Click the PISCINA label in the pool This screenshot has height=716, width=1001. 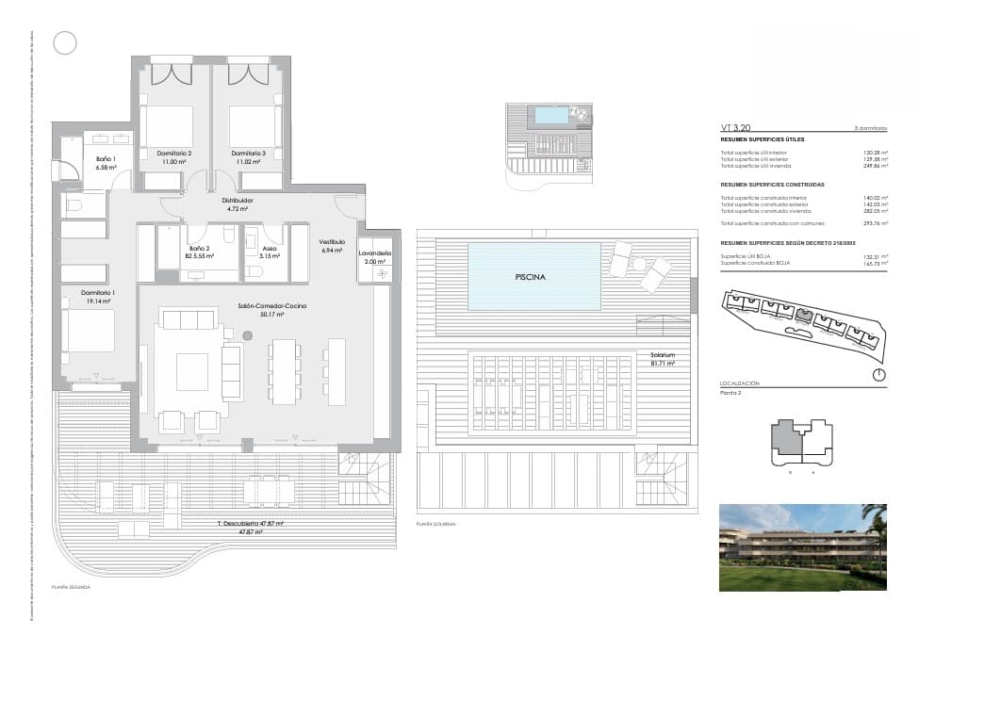[x=532, y=278]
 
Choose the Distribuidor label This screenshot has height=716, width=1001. [x=237, y=201]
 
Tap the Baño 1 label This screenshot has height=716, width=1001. [x=106, y=159]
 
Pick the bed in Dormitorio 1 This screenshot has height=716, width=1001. [x=89, y=331]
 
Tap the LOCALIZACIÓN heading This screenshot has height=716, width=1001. [x=740, y=383]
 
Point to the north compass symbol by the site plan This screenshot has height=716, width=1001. [x=878, y=374]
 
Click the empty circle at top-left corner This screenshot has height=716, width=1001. [x=65, y=42]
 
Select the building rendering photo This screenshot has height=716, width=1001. [x=802, y=547]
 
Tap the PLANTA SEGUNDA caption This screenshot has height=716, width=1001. [x=71, y=586]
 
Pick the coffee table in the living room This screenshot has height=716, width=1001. [x=192, y=371]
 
